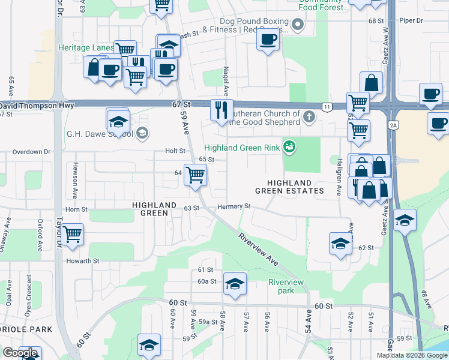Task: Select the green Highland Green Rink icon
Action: tap(290, 146)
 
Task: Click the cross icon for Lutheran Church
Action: tap(309, 116)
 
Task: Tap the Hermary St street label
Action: tap(234, 206)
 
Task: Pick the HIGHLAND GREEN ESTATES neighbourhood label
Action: tap(289, 187)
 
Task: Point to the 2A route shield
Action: tap(394, 125)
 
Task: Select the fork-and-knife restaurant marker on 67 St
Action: tap(221, 110)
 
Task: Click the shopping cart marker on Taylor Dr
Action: tap(72, 233)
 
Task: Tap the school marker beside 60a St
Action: tap(234, 283)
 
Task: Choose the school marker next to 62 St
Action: tap(340, 244)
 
